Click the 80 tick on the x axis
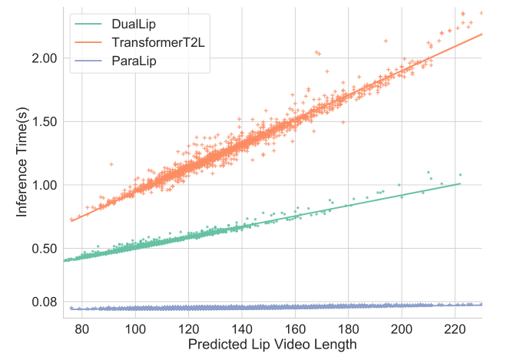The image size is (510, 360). [82, 329]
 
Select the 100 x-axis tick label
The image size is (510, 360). [135, 329]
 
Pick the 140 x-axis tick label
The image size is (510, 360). [242, 329]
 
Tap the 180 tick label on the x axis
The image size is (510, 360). [349, 329]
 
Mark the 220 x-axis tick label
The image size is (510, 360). [455, 329]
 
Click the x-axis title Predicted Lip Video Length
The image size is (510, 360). [273, 345]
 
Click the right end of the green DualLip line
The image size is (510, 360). [459, 183]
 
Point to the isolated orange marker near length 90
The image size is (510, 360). [111, 163]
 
